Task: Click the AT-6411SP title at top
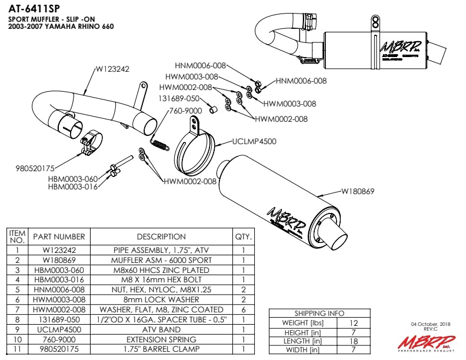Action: pos(34,9)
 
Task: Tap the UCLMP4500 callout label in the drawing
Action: pos(254,141)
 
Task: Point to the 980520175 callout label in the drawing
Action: pos(35,168)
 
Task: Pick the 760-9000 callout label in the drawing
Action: pos(185,110)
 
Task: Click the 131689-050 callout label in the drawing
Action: pos(181,99)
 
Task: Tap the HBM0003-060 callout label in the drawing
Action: pos(72,179)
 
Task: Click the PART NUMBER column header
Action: pos(59,236)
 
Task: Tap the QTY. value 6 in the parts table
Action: pos(243,309)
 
